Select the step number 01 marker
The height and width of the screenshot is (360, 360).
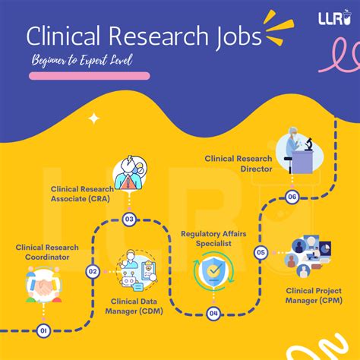point(43,330)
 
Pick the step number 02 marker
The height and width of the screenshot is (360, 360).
point(93,270)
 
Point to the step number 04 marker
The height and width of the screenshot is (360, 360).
point(214,313)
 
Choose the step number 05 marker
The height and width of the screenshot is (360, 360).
point(261,252)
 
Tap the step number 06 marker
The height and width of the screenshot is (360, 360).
point(292,197)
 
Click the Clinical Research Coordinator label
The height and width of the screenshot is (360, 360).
point(48,252)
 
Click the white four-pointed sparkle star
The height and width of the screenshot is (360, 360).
point(93,118)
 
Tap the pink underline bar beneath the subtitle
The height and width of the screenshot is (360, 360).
point(90,76)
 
